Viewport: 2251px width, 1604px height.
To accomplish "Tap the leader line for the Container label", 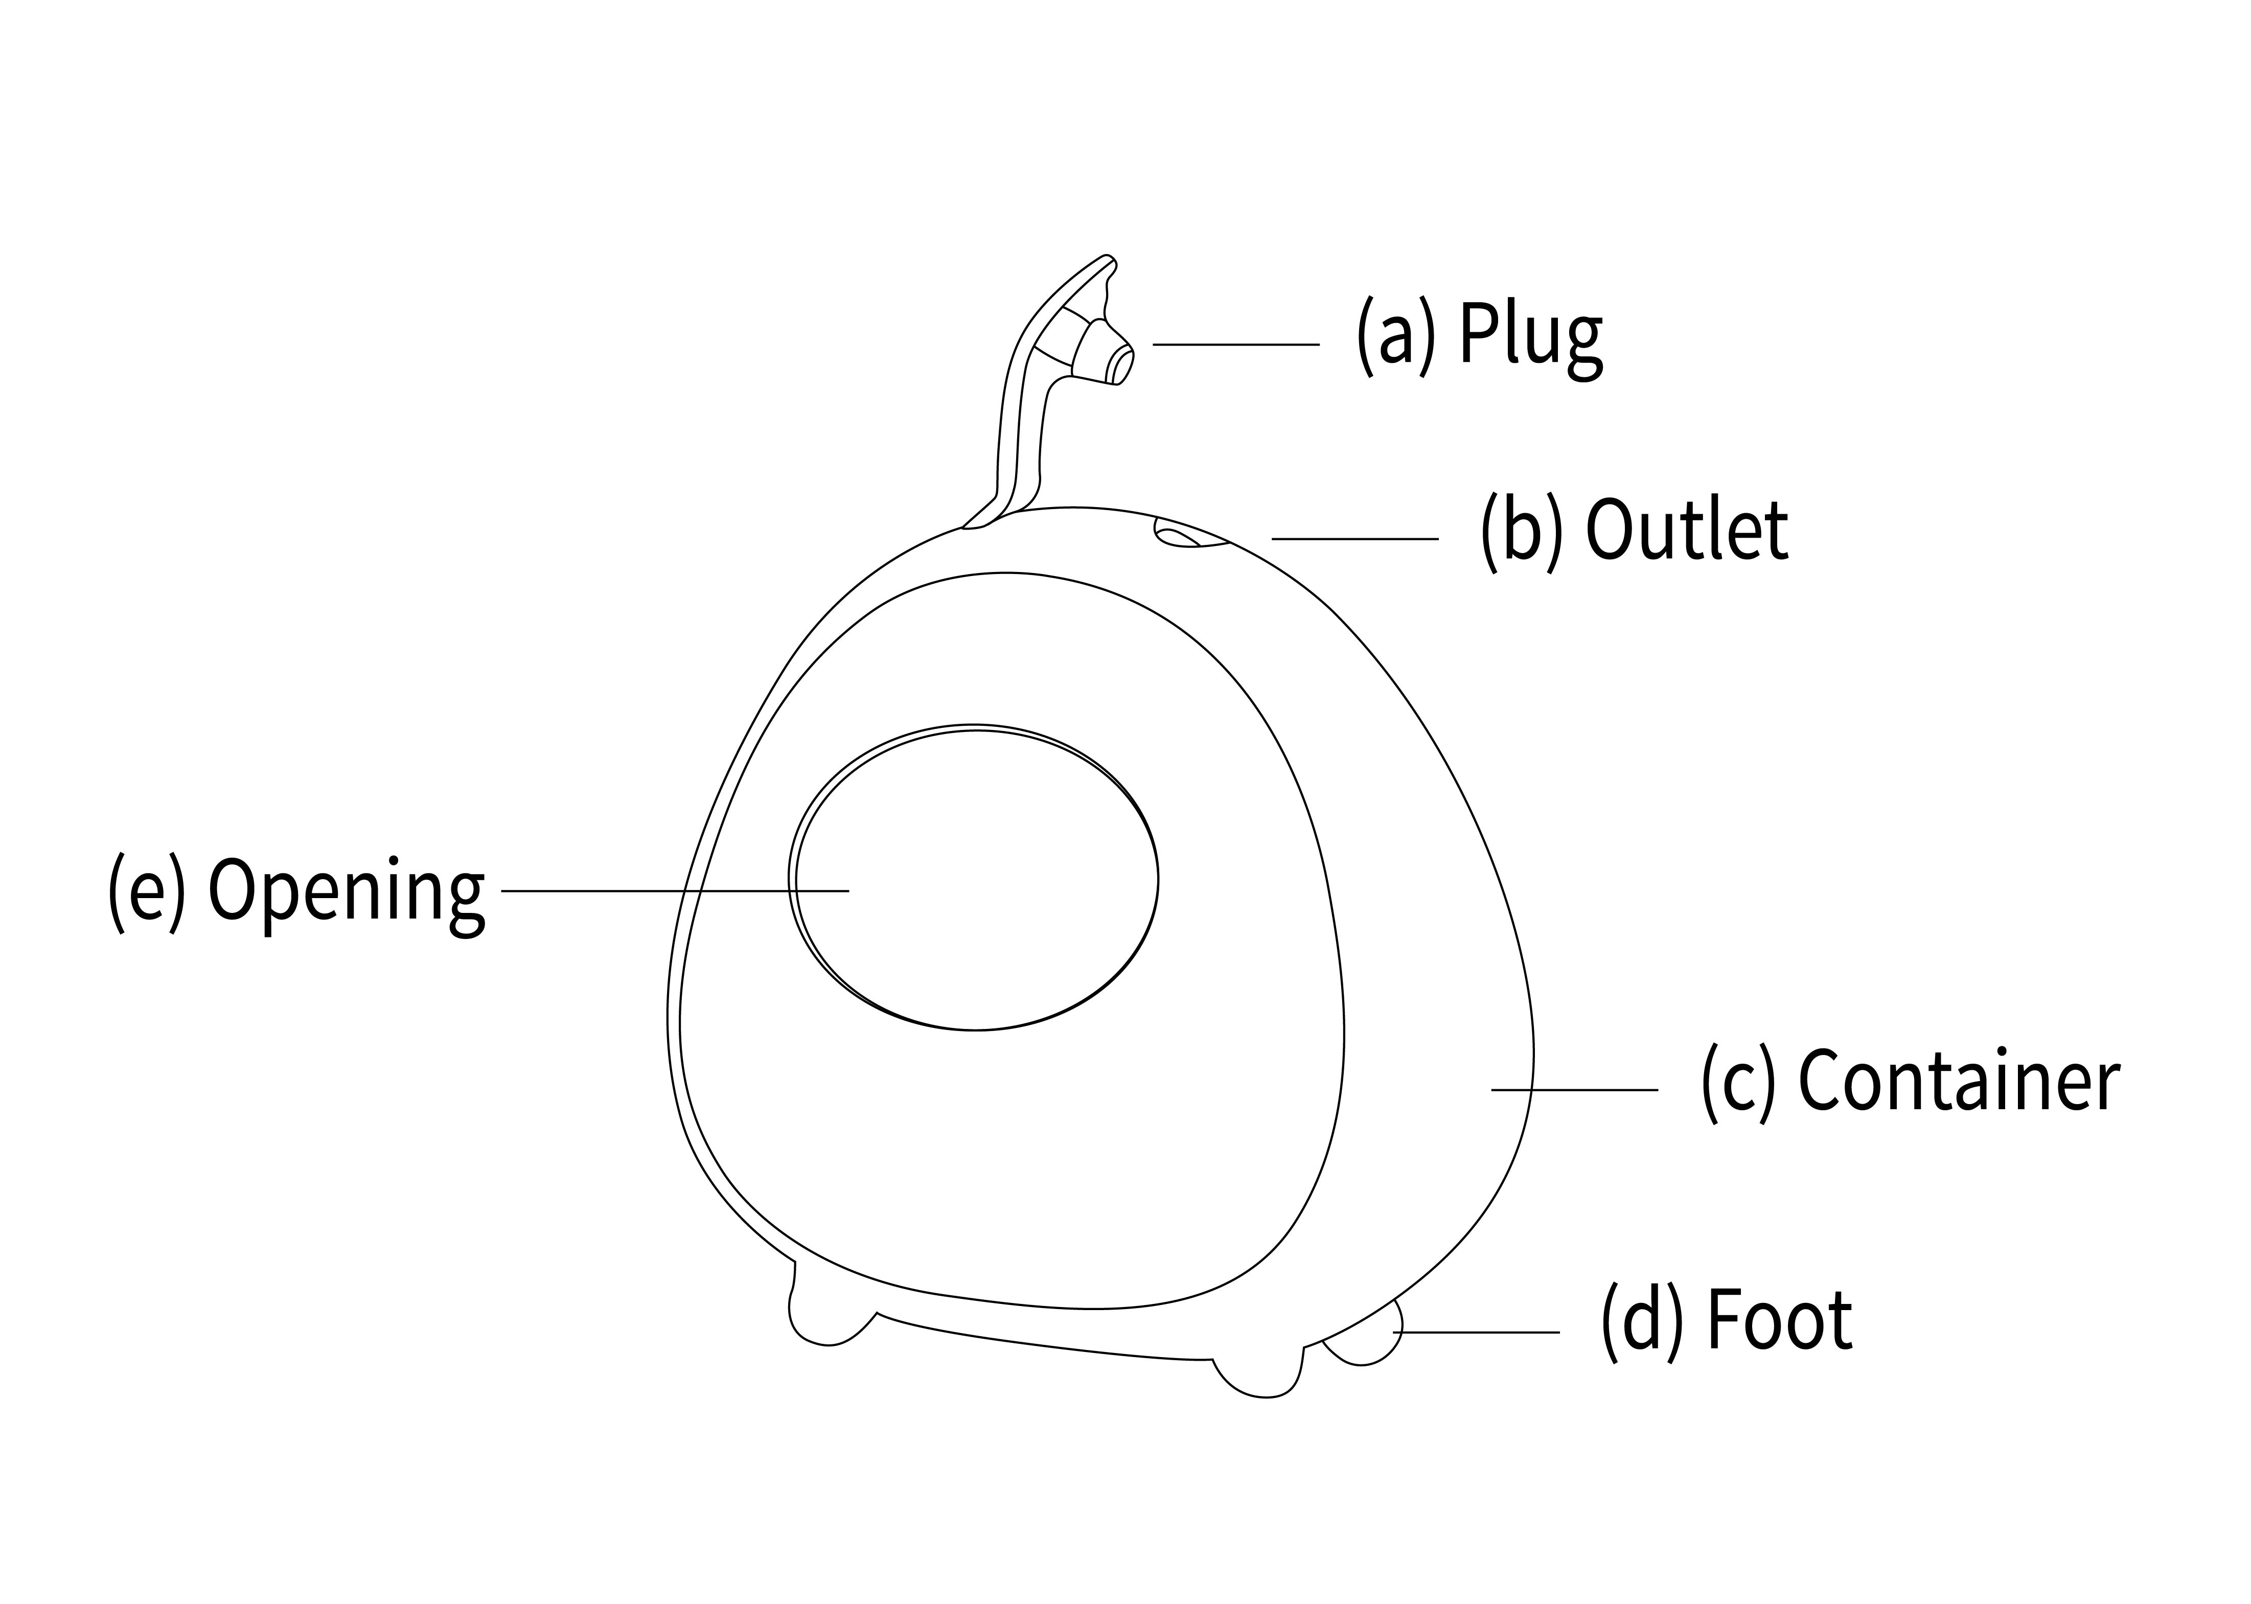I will (1574, 1089).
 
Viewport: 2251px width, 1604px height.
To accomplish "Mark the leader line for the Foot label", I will (1477, 1333).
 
